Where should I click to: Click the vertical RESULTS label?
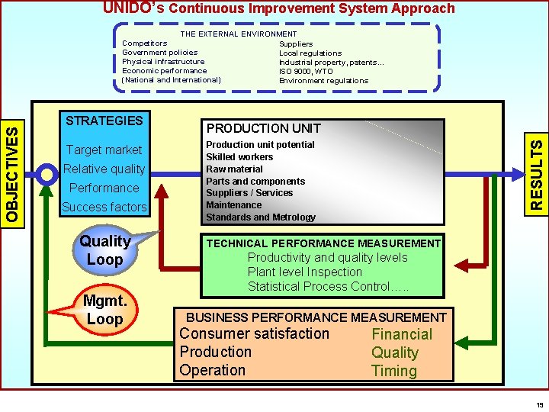pos(537,172)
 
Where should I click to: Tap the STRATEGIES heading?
pos(104,121)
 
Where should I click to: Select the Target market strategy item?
pos(104,150)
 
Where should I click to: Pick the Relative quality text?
pos(104,169)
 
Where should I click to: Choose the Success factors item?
pos(104,207)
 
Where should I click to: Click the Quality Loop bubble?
pos(105,250)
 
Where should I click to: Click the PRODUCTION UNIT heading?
pos(264,128)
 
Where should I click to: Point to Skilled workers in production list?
pos(239,156)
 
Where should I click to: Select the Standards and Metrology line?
pos(261,217)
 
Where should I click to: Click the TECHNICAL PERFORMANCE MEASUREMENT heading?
pos(324,243)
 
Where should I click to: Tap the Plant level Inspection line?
pos(305,272)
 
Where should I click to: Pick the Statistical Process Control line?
pos(328,287)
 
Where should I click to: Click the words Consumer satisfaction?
pos(254,334)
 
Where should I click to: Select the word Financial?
pos(401,334)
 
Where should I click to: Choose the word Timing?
pos(393,371)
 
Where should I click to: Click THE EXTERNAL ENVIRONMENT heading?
pos(239,34)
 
